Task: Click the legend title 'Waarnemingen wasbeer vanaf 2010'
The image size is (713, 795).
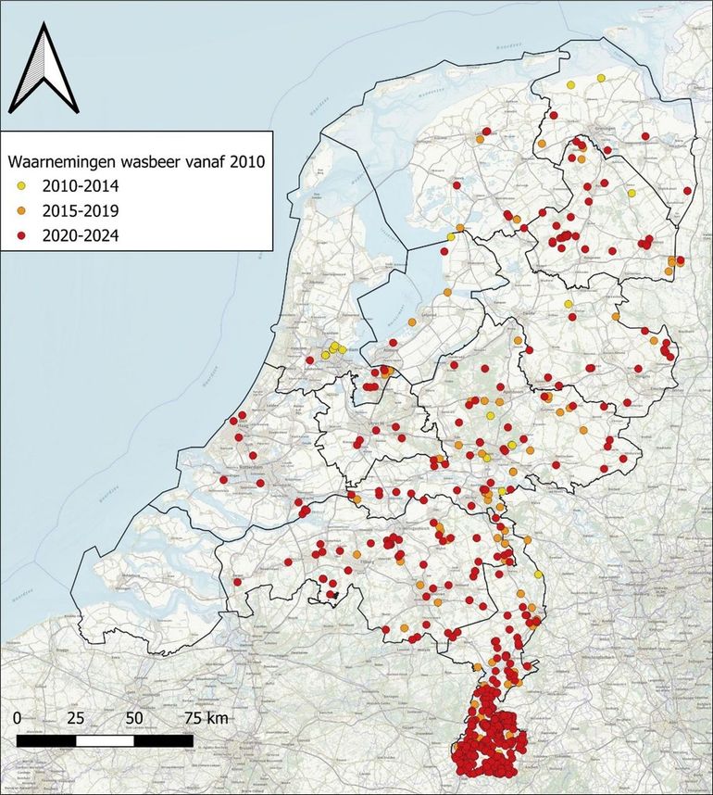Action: point(136,161)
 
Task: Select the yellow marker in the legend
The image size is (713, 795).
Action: point(20,186)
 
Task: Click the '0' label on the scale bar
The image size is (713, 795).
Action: point(19,718)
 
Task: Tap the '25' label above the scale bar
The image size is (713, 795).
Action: point(77,718)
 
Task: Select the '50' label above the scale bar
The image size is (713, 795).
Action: point(134,718)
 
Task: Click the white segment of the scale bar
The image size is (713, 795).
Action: point(105,740)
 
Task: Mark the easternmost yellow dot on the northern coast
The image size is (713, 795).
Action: point(601,78)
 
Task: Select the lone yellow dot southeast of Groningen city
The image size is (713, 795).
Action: point(631,194)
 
